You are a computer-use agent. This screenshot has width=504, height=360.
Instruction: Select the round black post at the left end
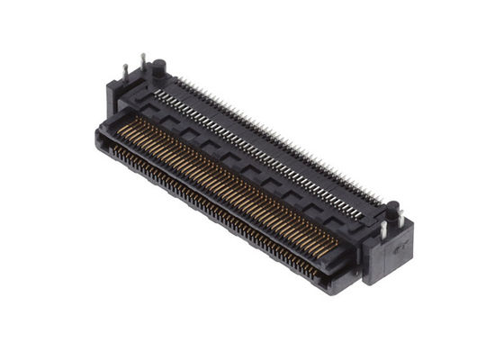(158, 67)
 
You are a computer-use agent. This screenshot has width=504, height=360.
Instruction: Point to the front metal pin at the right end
(383, 231)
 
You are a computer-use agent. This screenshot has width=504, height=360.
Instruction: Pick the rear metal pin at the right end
(401, 219)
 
